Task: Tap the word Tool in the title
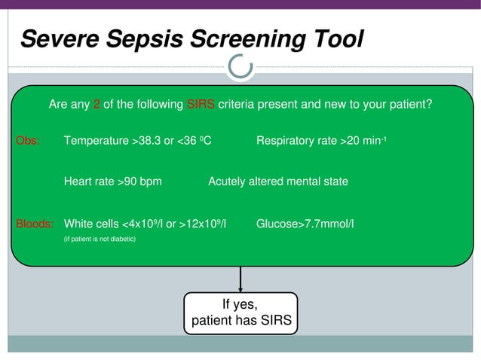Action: click(x=333, y=38)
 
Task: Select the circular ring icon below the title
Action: click(x=240, y=68)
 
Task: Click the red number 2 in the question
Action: click(x=97, y=105)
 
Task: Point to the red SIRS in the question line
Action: click(x=201, y=105)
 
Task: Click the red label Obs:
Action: click(x=28, y=140)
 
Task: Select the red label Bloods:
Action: click(x=35, y=224)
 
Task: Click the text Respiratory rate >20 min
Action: click(x=321, y=140)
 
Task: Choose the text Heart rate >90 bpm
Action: click(x=113, y=182)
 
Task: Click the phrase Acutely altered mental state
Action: click(x=278, y=182)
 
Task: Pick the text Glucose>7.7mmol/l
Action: click(x=305, y=224)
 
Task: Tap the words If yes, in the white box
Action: click(x=240, y=304)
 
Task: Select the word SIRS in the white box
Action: click(x=276, y=320)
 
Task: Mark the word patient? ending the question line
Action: click(x=410, y=105)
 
